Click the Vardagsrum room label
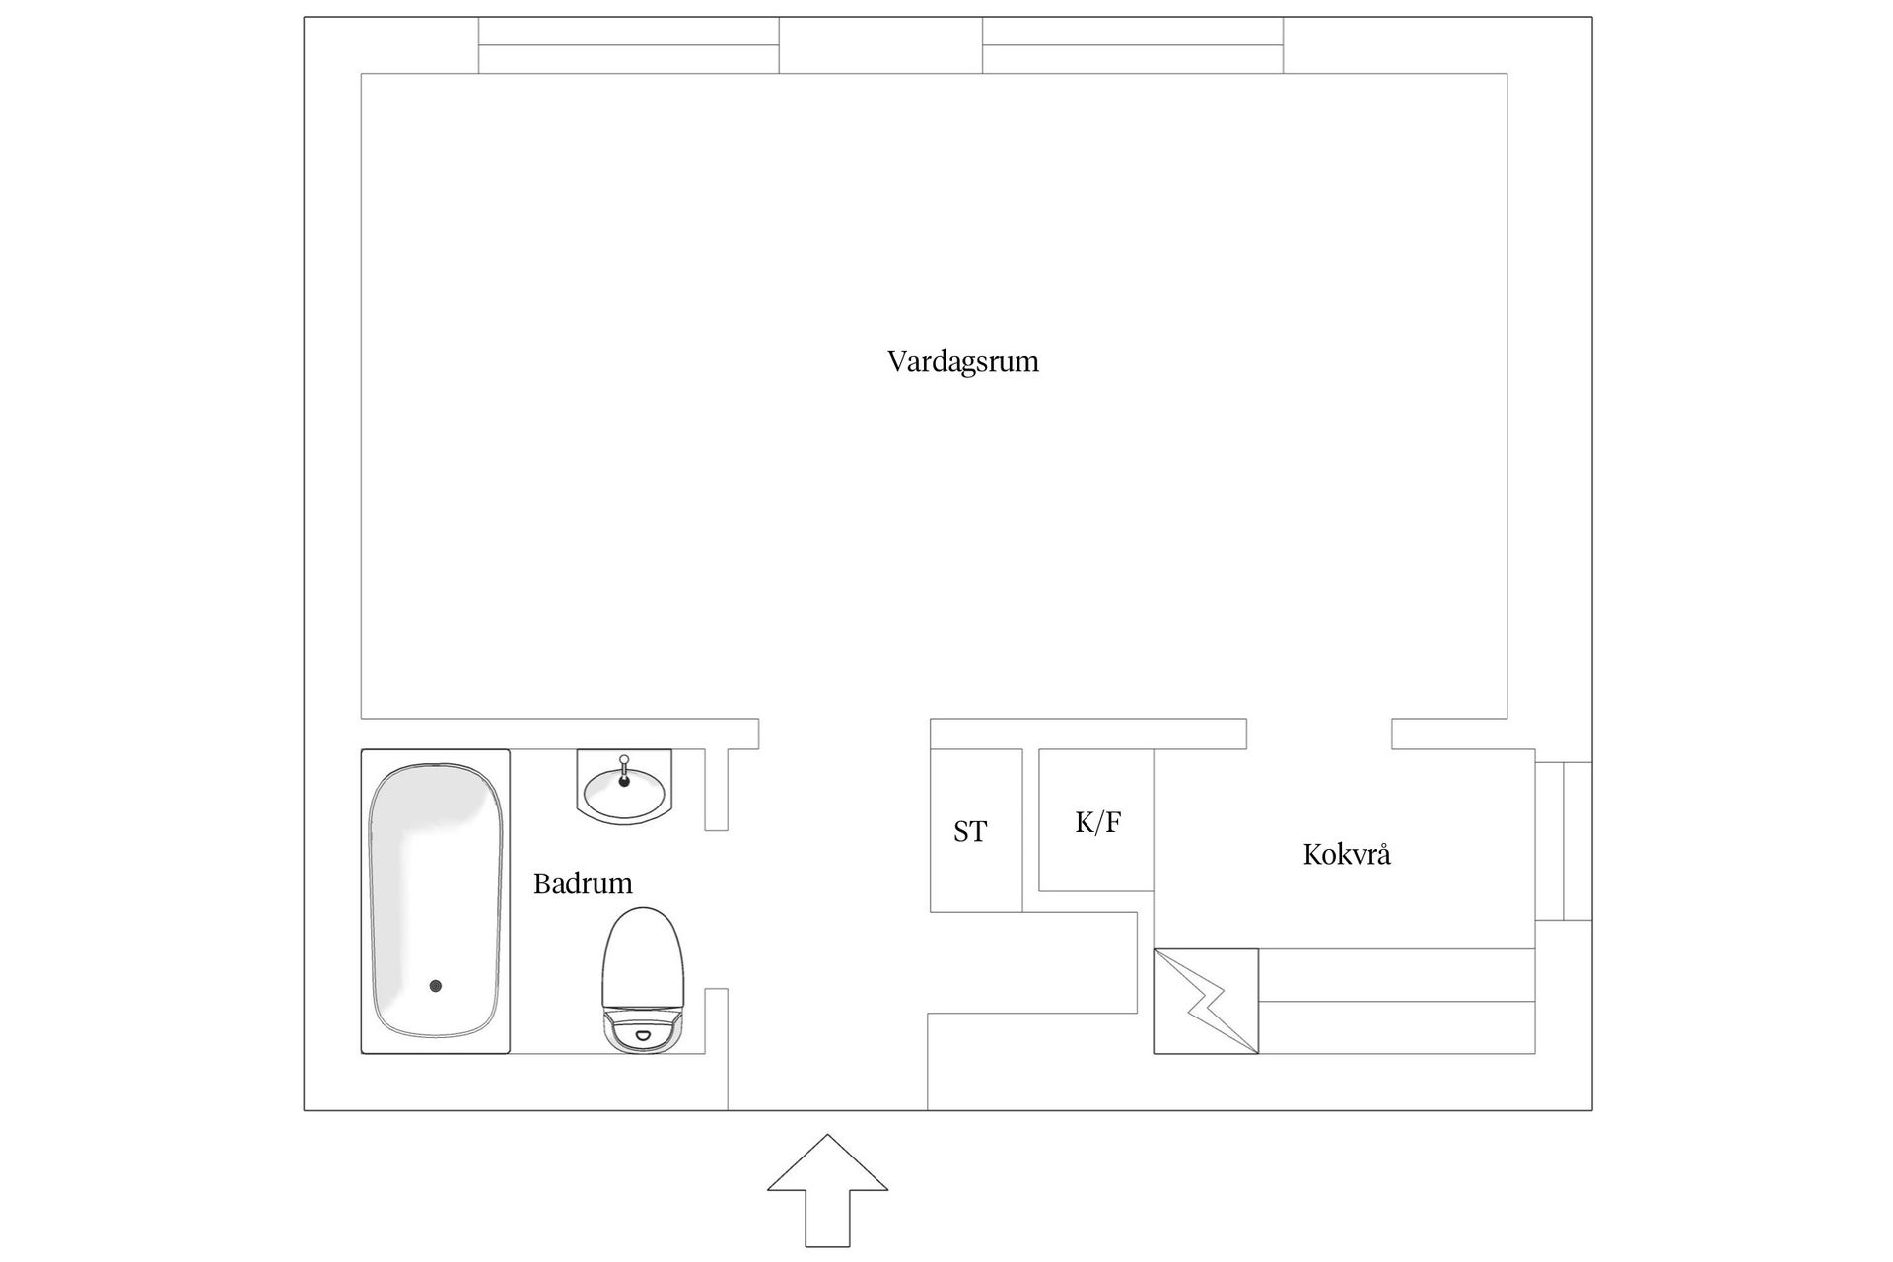point(963,362)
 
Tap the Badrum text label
point(583,883)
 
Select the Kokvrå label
point(1347,853)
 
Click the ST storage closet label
point(969,832)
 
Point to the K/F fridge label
point(1098,821)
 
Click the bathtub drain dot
point(435,986)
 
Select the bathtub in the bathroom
point(435,901)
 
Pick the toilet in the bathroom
point(643,979)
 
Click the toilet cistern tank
point(643,1029)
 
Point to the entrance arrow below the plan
point(827,1190)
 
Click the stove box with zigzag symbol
point(1206,1001)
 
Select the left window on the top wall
point(629,45)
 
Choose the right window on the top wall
point(1133,45)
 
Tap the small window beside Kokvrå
point(1564,841)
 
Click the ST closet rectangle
point(976,830)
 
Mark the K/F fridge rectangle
point(1096,820)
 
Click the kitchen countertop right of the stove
point(1397,1001)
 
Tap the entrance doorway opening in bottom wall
point(827,1110)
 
